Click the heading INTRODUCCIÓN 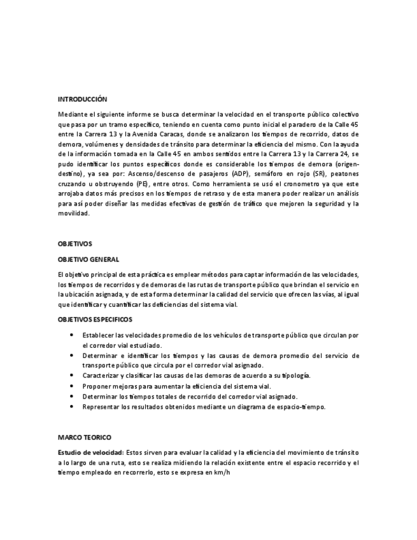[82, 99]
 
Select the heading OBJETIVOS [75, 244]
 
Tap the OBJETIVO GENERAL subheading [88, 259]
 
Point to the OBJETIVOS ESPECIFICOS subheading [95, 318]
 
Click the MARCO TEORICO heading [84, 437]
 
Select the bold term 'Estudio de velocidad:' [91, 452]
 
